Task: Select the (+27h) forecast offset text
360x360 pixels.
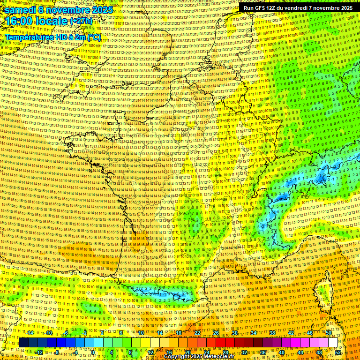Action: click(81, 22)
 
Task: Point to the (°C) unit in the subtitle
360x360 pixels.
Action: click(94, 37)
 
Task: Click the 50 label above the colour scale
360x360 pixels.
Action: click(329, 332)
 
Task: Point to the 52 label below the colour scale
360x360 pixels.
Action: click(338, 352)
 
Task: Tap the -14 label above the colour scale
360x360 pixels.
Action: click(30, 332)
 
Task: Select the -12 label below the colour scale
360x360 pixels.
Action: click(39, 352)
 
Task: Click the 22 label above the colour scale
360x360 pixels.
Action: click(197, 332)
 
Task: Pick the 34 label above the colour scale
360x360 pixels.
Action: click(254, 332)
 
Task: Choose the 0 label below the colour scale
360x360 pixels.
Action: click(93, 352)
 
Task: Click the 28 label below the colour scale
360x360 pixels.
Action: click(225, 352)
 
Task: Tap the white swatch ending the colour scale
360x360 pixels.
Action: click(333, 343)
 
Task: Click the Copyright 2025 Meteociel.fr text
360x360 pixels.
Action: click(198, 357)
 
